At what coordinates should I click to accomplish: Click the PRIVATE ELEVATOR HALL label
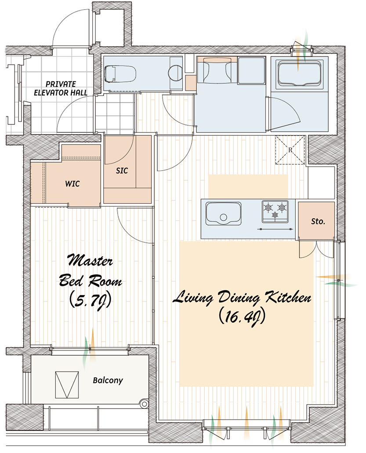pos(61,88)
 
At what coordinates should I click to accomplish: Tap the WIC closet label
pos(72,184)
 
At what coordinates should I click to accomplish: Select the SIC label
pos(122,171)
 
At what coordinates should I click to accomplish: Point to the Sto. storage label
pos(318,222)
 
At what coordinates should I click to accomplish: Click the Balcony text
pos(108,380)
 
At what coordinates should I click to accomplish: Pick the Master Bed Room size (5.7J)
pos(91,301)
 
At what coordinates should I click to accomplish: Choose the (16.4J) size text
pos(242,318)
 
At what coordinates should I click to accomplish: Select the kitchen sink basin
pos(223,213)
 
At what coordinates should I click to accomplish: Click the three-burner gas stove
pos(275,212)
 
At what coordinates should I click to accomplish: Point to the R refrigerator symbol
pos(290,150)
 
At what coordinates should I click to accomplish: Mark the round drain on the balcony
pos(143,404)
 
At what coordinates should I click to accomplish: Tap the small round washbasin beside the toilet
pos(175,72)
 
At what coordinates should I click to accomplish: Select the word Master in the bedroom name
pos(90,260)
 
